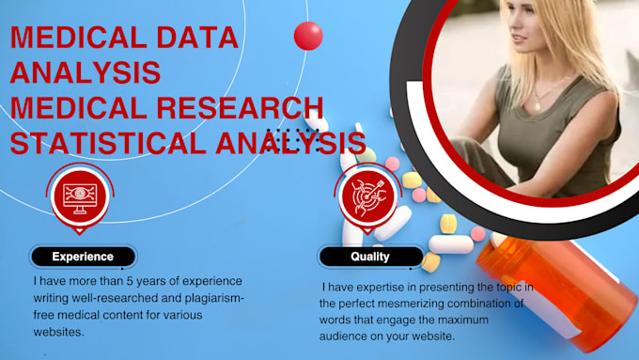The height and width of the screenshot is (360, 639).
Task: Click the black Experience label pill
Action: click(x=83, y=256)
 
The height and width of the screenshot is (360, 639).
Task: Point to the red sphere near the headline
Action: click(x=308, y=36)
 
